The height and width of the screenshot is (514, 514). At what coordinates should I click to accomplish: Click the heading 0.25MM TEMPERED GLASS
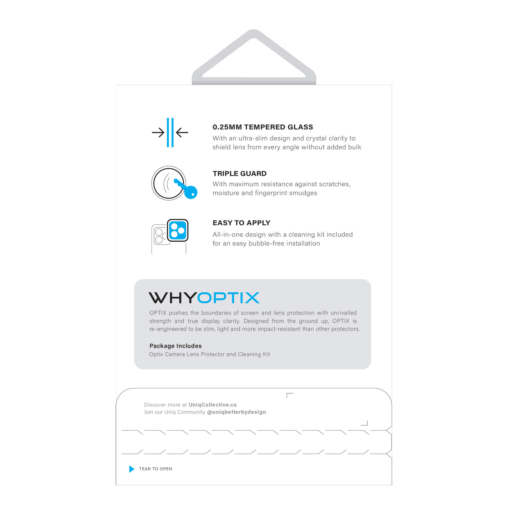(263, 127)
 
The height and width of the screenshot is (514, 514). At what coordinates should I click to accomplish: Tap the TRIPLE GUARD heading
(239, 173)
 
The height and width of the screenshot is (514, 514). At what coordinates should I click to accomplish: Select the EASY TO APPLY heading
(241, 223)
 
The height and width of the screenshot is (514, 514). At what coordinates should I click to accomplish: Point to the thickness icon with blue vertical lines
(170, 132)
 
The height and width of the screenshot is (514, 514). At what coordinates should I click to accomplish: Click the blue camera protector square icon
(178, 230)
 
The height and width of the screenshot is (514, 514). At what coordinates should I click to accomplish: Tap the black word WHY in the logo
(172, 298)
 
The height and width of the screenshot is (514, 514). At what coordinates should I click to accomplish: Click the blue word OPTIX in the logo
(228, 298)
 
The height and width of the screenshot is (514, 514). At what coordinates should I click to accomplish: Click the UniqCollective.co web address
(213, 405)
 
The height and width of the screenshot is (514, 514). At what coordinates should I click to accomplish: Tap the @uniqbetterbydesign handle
(236, 412)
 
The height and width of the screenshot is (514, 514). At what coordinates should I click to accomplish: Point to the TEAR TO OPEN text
(155, 469)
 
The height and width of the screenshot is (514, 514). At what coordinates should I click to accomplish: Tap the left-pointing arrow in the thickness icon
(182, 132)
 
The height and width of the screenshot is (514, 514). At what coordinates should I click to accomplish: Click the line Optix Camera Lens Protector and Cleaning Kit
(209, 354)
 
